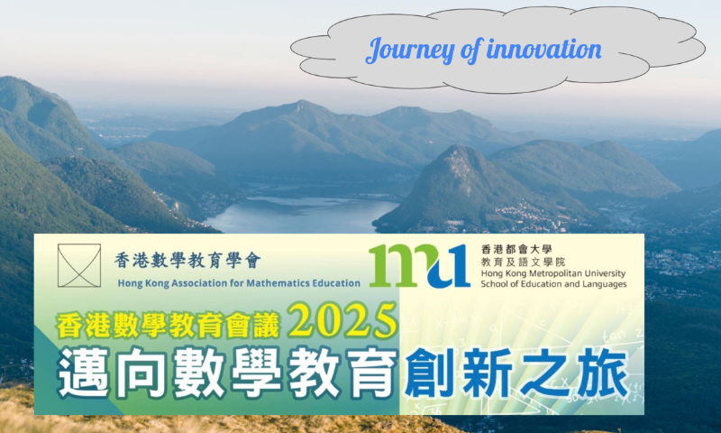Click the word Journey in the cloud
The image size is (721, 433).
click(410, 51)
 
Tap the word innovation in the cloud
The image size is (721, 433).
click(544, 49)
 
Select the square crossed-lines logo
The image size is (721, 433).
click(79, 265)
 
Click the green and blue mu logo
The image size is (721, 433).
click(419, 265)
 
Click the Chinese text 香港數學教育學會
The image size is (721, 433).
click(187, 261)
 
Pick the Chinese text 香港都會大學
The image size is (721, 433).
click(516, 249)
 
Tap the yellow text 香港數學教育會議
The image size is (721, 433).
click(169, 325)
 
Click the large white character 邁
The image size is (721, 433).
click(84, 373)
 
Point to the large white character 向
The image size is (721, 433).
click(141, 373)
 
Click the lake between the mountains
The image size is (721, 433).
click(302, 215)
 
